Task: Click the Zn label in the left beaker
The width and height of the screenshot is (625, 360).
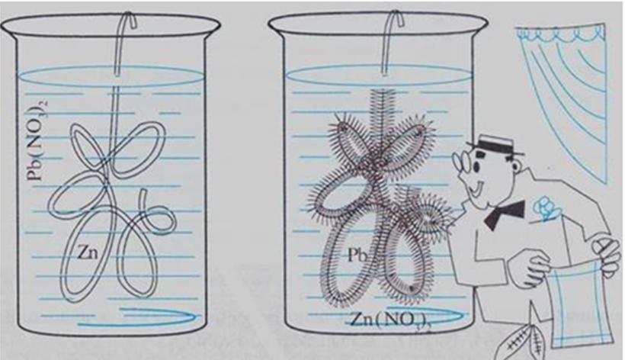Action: tap(88, 252)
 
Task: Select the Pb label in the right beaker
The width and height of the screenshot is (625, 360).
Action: tap(357, 255)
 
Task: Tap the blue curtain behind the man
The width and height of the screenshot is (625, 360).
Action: tap(562, 100)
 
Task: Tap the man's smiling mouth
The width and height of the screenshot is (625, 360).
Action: tap(476, 187)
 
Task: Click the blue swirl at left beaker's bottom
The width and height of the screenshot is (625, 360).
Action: tap(137, 317)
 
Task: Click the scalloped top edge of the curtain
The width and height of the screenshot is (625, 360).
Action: tap(559, 33)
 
